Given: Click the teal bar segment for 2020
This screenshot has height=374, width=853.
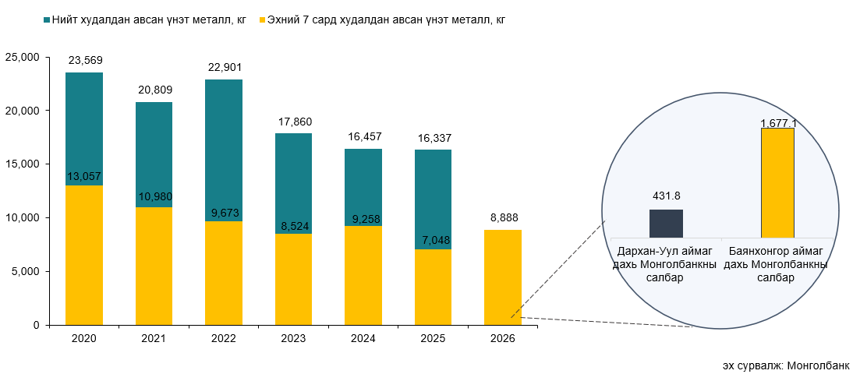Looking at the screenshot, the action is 83,129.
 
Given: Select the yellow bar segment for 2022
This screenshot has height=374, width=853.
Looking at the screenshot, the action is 224,273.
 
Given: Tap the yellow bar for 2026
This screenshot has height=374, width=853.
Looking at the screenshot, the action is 503,277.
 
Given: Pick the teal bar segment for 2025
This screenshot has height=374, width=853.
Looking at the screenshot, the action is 433,199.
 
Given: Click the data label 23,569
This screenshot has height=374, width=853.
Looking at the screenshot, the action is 86,60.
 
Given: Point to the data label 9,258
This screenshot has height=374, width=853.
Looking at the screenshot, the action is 363,220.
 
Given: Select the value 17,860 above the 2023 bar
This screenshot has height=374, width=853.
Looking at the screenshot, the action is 295,122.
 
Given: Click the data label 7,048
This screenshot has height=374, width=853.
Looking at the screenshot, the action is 433,240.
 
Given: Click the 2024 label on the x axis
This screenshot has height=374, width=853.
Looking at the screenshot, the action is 363,339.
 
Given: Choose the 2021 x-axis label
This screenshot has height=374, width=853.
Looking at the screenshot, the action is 154,339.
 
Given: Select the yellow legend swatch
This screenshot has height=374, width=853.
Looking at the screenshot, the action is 262,19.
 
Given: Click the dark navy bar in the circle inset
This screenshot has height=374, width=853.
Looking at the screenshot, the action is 667,224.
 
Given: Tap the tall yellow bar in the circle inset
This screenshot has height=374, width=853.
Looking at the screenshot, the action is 777,182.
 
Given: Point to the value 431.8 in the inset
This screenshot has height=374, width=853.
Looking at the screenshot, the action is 667,195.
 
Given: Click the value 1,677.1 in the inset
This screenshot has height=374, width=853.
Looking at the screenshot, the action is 777,124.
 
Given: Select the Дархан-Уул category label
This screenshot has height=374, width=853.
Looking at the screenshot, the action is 667,265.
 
